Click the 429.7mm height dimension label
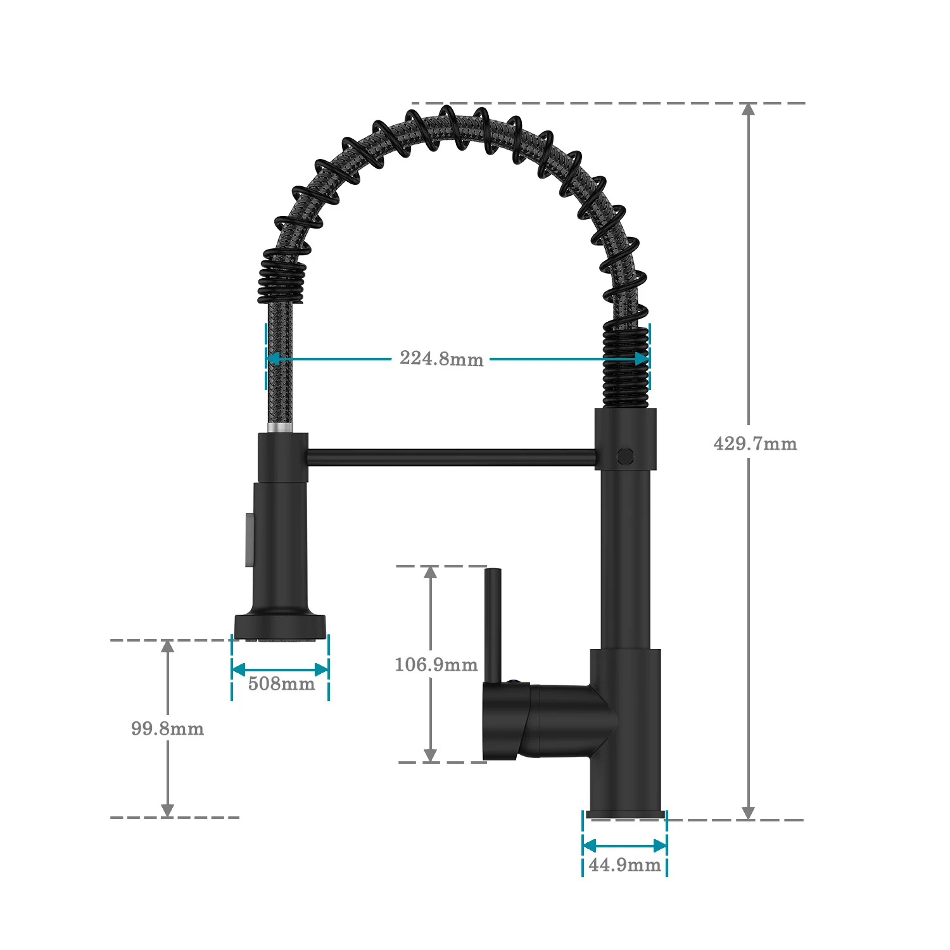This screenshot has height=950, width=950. [x=755, y=443]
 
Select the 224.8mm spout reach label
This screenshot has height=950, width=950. [x=441, y=358]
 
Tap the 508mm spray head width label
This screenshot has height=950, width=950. [x=281, y=684]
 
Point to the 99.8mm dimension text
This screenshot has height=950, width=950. [x=168, y=728]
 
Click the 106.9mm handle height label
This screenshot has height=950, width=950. [x=436, y=664]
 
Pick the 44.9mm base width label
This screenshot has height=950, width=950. [x=624, y=864]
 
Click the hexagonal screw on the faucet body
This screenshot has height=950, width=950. [x=625, y=455]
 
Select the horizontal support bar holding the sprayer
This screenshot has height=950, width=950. [x=451, y=457]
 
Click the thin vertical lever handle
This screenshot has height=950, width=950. [x=493, y=624]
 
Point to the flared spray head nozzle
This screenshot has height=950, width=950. [x=281, y=626]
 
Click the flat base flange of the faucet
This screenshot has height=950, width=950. [x=626, y=814]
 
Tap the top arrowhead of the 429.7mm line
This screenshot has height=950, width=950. [x=748, y=110]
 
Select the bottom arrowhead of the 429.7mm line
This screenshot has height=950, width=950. [x=748, y=813]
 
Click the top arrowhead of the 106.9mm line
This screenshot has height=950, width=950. [x=431, y=573]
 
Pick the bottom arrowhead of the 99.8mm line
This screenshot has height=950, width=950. [x=167, y=810]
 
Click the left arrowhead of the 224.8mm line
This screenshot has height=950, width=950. [x=272, y=358]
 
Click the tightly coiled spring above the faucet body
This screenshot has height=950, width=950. [x=626, y=367]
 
